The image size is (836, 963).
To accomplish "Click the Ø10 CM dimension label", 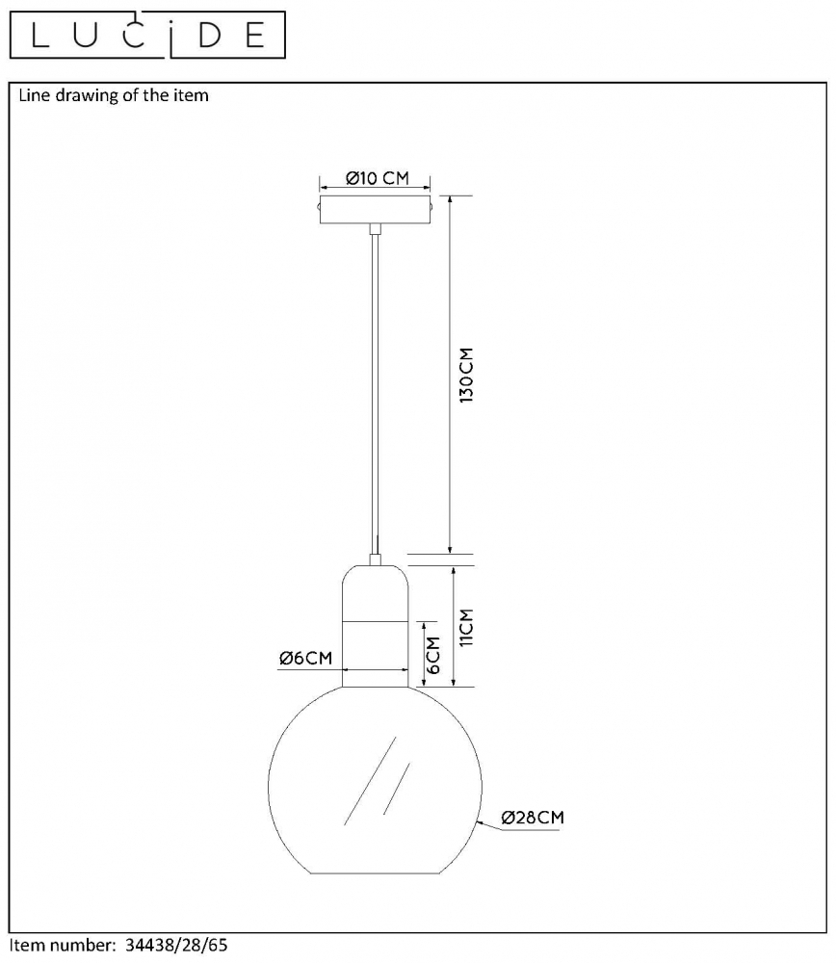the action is tap(378, 178).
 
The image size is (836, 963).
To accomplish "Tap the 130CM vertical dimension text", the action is tap(467, 376).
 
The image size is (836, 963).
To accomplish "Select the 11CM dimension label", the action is tap(467, 627).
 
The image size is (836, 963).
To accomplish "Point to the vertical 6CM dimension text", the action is tap(433, 655).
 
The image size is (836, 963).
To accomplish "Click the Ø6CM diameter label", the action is tap(305, 659).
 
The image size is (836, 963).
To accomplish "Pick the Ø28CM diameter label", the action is tap(533, 818).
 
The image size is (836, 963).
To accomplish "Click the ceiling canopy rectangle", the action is tap(375, 209).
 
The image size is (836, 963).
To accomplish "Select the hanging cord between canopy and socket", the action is tap(375, 394).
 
